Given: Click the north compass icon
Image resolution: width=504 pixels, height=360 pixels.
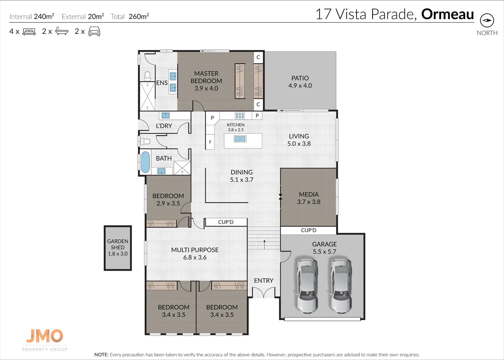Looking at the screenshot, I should pos(487,20).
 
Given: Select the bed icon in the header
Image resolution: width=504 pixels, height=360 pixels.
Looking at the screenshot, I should pos(29,32).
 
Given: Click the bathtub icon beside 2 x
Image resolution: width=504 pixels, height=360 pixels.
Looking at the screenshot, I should pos(62,31).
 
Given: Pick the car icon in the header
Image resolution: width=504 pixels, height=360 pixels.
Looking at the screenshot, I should pos(94,32).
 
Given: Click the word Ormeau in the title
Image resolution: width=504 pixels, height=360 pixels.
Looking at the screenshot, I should pos(447,14).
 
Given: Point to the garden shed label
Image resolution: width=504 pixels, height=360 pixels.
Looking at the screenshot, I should pos(118,247).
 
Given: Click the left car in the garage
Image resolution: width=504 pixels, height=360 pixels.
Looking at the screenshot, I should pos(307,286).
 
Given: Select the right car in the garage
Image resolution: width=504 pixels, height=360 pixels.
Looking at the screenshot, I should pos(341,286).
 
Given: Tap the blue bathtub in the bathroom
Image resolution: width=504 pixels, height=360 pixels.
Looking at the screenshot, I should pos(145,162).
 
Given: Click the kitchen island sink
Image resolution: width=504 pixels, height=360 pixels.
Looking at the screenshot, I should pos(240,139).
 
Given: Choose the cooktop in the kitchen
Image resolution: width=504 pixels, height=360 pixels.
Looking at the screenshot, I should pos(240,116).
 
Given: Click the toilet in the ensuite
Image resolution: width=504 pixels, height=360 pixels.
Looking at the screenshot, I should pos(147,76).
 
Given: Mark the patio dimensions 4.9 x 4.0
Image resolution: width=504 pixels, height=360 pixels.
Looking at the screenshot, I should pos(300,86).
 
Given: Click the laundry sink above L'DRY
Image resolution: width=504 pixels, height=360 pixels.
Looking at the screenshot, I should pos(166,116).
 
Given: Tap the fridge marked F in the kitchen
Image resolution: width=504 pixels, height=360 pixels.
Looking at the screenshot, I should pos(210,142).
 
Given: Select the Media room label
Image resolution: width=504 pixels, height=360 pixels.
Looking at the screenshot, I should pos(309,194).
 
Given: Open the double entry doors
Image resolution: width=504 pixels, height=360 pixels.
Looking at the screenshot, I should pos(263,293).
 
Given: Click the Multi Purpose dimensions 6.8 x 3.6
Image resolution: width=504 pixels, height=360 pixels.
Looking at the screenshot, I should pos(195,257).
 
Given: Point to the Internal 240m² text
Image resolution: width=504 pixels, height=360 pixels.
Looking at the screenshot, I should pos(32,16).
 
